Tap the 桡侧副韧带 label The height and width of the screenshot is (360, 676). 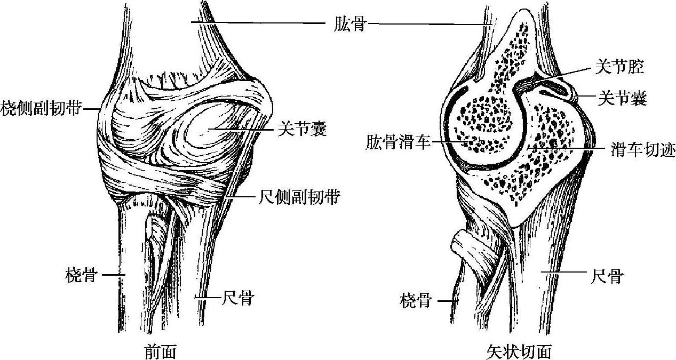point(41,108)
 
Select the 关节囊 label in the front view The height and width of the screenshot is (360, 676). point(302,129)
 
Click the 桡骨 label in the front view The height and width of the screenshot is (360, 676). point(81,275)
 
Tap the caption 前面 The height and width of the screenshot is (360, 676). point(161,351)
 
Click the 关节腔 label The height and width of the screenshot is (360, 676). point(619,67)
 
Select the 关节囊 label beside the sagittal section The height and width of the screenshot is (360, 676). point(622,98)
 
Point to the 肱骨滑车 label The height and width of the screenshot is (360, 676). point(397,142)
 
